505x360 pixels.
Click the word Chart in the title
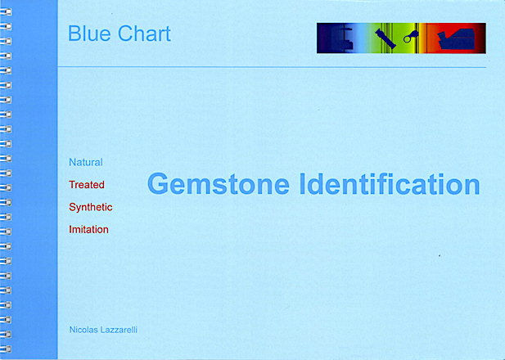click(x=144, y=34)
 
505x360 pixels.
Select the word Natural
click(x=86, y=162)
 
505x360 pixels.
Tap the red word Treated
click(x=87, y=185)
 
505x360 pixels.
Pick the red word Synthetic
click(x=91, y=207)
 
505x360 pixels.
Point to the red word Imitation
click(x=88, y=230)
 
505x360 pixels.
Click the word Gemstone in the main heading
click(x=219, y=184)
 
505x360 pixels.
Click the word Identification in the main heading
click(x=390, y=184)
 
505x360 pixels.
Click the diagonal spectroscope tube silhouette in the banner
click(x=386, y=38)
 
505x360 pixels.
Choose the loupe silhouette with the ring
click(x=411, y=37)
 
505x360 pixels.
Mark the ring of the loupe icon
click(x=407, y=39)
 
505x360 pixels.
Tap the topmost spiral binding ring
click(x=6, y=12)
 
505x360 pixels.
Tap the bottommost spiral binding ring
click(x=6, y=349)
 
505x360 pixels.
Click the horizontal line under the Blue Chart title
click(x=272, y=67)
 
